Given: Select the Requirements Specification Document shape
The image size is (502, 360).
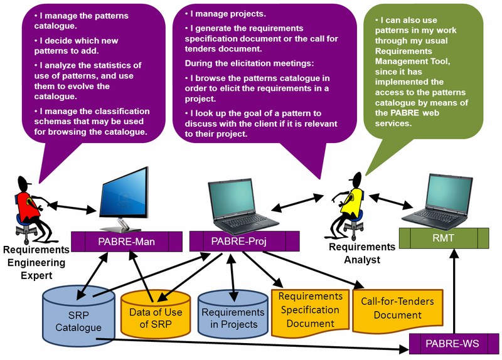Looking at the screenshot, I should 310,309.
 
